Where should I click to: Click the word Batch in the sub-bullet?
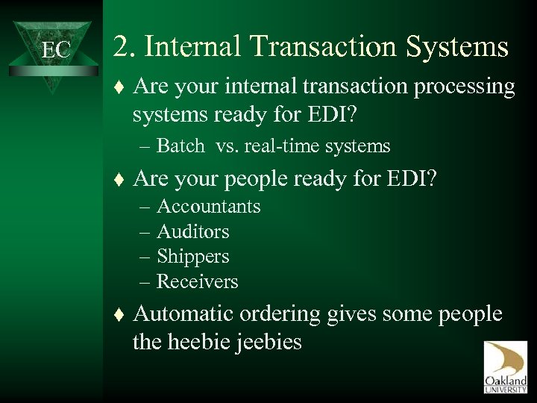181,146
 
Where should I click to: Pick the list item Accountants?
209,206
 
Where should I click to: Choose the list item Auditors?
193,231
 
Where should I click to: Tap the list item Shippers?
193,257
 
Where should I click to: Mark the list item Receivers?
198,281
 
